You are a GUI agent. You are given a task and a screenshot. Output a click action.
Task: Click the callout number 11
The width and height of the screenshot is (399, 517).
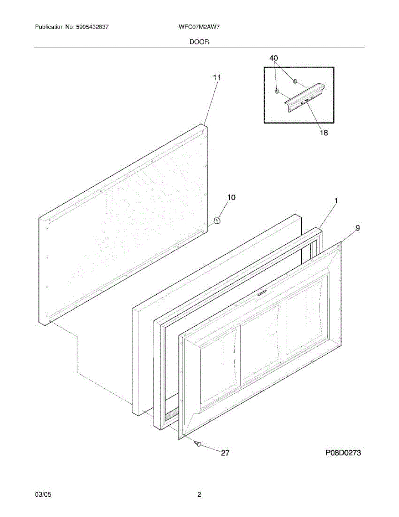[x=217, y=78]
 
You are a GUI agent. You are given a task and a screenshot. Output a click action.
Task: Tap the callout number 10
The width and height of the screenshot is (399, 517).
[x=231, y=198]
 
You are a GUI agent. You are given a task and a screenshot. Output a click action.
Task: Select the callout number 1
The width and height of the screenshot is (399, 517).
[x=336, y=201]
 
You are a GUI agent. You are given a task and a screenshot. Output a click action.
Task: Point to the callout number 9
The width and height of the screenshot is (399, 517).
[x=358, y=228]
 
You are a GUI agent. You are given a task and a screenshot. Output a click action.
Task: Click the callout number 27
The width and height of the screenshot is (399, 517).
[x=225, y=453]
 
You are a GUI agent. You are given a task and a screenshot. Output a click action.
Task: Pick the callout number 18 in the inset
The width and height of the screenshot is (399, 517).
[x=323, y=133]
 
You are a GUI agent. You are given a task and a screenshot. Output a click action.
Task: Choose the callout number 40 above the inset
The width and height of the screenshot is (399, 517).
[x=274, y=58]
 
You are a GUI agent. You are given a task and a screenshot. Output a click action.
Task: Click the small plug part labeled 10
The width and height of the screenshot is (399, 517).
[x=217, y=221]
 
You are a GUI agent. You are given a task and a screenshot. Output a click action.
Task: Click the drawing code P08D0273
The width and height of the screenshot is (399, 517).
[x=343, y=453]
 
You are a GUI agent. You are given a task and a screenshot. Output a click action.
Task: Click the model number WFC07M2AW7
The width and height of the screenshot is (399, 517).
[x=199, y=27]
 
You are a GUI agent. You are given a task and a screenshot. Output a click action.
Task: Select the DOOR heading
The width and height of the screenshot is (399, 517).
[x=199, y=42]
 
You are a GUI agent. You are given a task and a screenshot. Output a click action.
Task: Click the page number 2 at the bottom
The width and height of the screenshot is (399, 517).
[x=199, y=495]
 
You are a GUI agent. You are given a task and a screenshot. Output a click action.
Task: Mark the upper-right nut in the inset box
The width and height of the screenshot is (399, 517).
[x=295, y=81]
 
